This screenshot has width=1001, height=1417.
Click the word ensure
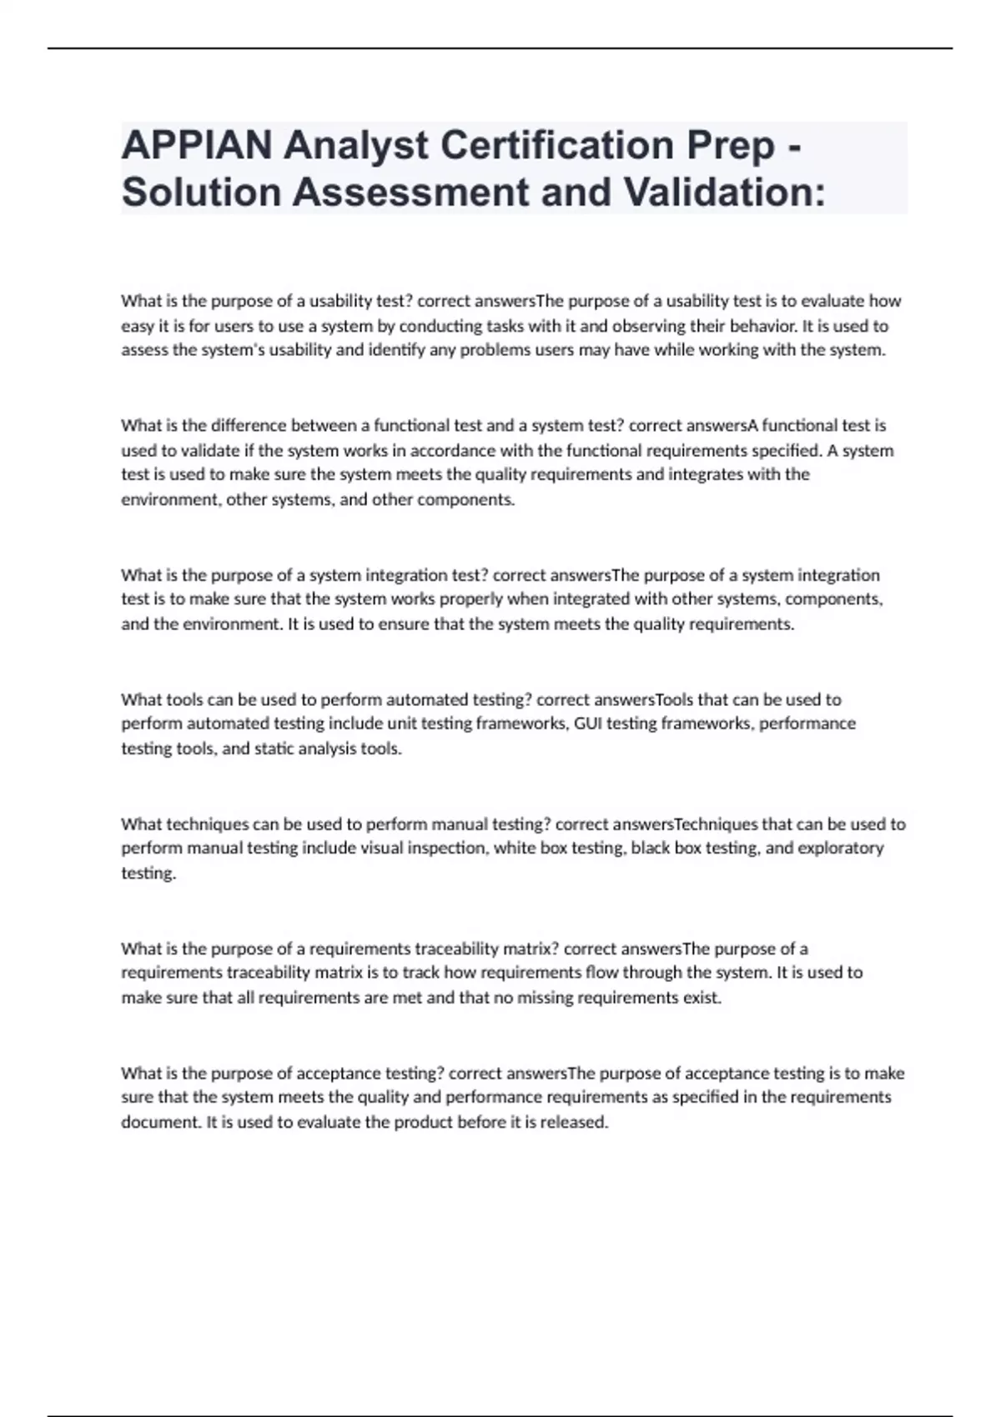pyautogui.click(x=405, y=624)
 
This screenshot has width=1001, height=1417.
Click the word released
pyautogui.click(x=574, y=1122)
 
